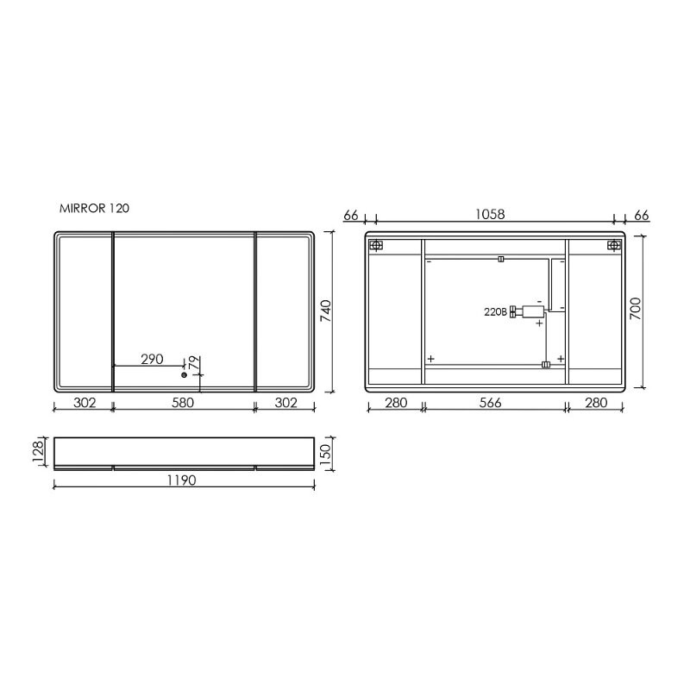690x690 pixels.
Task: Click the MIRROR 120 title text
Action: [x=95, y=209]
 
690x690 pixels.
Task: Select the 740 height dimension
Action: [x=326, y=311]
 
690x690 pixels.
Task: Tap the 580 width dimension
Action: [x=183, y=402]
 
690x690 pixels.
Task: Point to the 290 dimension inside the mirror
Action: [x=152, y=359]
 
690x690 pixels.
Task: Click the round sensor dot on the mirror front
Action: [x=184, y=375]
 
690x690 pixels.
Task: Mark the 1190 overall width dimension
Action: [x=183, y=480]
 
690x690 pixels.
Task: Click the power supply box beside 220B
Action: [x=528, y=311]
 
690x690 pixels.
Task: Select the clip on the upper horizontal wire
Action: [x=501, y=258]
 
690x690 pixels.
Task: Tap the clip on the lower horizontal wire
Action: [x=545, y=364]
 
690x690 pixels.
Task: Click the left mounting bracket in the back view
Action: [x=375, y=246]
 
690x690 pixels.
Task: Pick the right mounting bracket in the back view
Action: [x=614, y=246]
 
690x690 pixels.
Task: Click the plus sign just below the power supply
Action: [x=540, y=324]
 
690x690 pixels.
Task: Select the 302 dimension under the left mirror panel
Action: [x=84, y=402]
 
